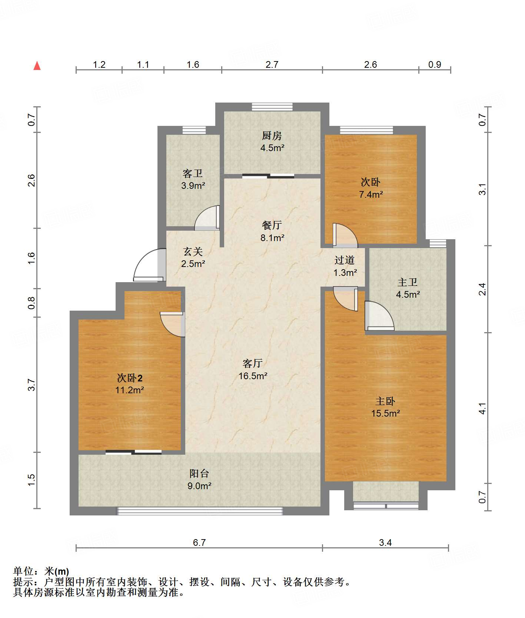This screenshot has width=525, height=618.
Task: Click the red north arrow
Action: [37, 66]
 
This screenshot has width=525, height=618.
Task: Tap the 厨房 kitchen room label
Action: [272, 136]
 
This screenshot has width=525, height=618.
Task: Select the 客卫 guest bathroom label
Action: [193, 174]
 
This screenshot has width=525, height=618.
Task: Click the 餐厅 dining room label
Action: [272, 225]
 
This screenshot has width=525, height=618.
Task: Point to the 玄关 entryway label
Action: [193, 252]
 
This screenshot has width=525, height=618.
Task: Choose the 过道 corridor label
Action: [345, 260]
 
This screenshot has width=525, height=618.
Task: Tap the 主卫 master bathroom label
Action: [408, 283]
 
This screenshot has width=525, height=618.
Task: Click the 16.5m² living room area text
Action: [253, 376]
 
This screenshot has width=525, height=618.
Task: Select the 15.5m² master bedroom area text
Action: [386, 413]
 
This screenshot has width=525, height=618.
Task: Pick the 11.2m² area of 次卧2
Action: [129, 390]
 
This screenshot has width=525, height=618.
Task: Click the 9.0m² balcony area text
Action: [199, 486]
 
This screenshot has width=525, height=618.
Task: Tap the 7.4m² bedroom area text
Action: [371, 194]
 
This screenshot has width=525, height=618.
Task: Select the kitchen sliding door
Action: [268, 176]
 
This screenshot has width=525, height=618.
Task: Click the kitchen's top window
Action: [272, 107]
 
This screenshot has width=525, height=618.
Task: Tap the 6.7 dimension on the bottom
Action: [199, 542]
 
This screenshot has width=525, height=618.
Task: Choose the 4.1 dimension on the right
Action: [482, 408]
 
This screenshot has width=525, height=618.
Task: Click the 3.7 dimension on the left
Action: [32, 385]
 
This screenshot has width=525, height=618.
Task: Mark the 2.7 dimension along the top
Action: [272, 64]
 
